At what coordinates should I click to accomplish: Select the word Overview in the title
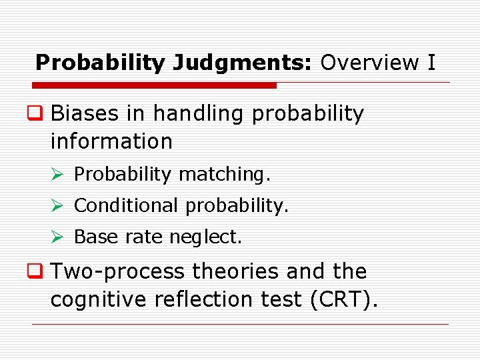(369, 63)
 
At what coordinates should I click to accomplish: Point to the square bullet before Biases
(39, 114)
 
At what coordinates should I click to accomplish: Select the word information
(111, 141)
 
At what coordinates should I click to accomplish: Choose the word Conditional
(126, 205)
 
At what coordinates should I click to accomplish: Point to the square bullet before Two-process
(39, 271)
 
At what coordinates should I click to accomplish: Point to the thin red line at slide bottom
(240, 325)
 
